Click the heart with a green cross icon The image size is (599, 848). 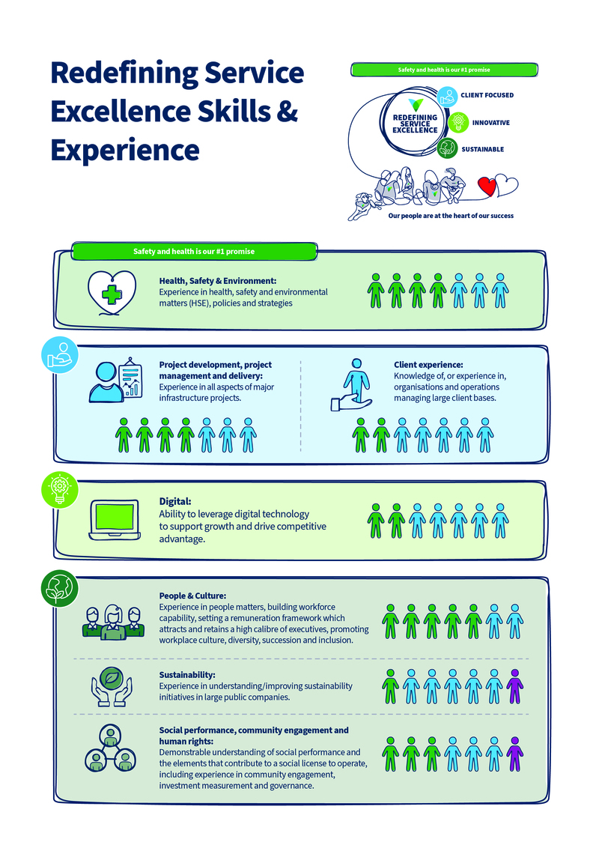[x=112, y=292]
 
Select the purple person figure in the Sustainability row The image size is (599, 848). [x=514, y=686]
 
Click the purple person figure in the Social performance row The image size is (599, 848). [x=514, y=754]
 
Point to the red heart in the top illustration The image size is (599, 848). [x=487, y=186]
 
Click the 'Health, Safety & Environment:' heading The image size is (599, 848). [x=218, y=280]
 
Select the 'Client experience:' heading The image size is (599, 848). [x=428, y=365]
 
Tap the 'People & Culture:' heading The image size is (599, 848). [x=187, y=596]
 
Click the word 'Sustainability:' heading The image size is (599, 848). [x=187, y=675]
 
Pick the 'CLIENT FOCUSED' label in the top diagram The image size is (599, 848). [x=493, y=96]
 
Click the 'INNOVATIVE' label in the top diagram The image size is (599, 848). [x=491, y=122]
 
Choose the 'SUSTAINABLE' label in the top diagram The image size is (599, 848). [x=483, y=149]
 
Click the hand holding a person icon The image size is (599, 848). [x=351, y=384]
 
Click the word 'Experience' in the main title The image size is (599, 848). [x=125, y=148]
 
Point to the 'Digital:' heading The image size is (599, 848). [x=174, y=501]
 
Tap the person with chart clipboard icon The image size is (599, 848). [x=115, y=379]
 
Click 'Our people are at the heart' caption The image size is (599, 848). [x=451, y=215]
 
